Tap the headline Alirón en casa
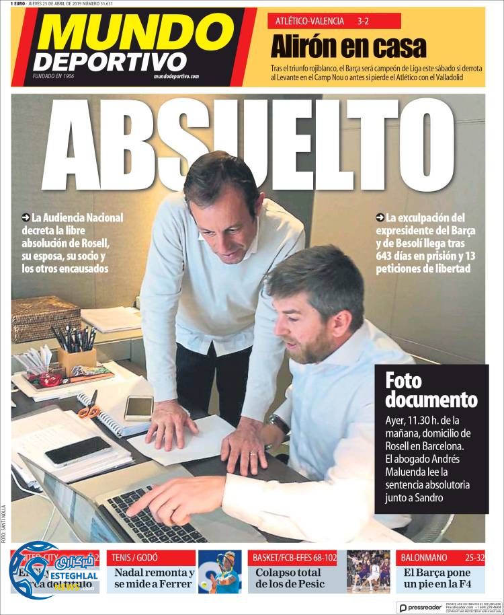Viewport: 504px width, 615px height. (x=348, y=47)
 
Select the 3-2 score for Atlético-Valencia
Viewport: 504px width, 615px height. (x=364, y=22)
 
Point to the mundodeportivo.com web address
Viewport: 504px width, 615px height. (x=176, y=76)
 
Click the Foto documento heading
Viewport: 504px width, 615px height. (x=431, y=390)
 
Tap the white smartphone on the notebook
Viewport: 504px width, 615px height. (x=138, y=407)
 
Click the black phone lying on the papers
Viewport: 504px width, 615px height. (x=77, y=451)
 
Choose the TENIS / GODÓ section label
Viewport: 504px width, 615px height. (x=137, y=558)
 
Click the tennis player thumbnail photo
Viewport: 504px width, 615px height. (x=220, y=572)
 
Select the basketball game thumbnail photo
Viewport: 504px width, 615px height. (x=368, y=572)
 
